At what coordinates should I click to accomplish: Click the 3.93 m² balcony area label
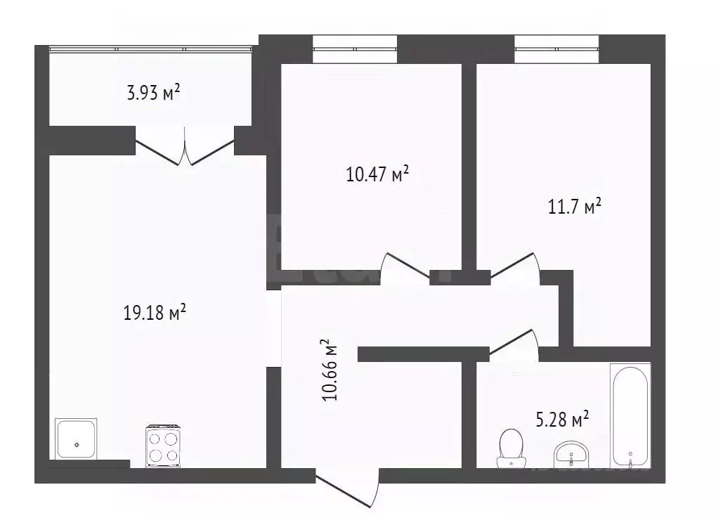pos(153,93)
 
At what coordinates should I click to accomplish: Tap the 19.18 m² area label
pos(155,313)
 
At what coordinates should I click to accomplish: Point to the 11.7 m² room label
pos(574,207)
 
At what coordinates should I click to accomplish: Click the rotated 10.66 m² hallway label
pos(328,370)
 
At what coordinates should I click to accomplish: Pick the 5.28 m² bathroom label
pos(561,420)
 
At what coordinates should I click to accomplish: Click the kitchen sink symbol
pos(77,439)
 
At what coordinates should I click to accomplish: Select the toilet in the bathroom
pos(510,448)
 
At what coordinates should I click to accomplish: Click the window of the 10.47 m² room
pos(355,49)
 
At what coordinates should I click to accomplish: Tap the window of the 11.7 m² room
pos(556,49)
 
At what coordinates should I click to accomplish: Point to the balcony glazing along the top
pos(150,48)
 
